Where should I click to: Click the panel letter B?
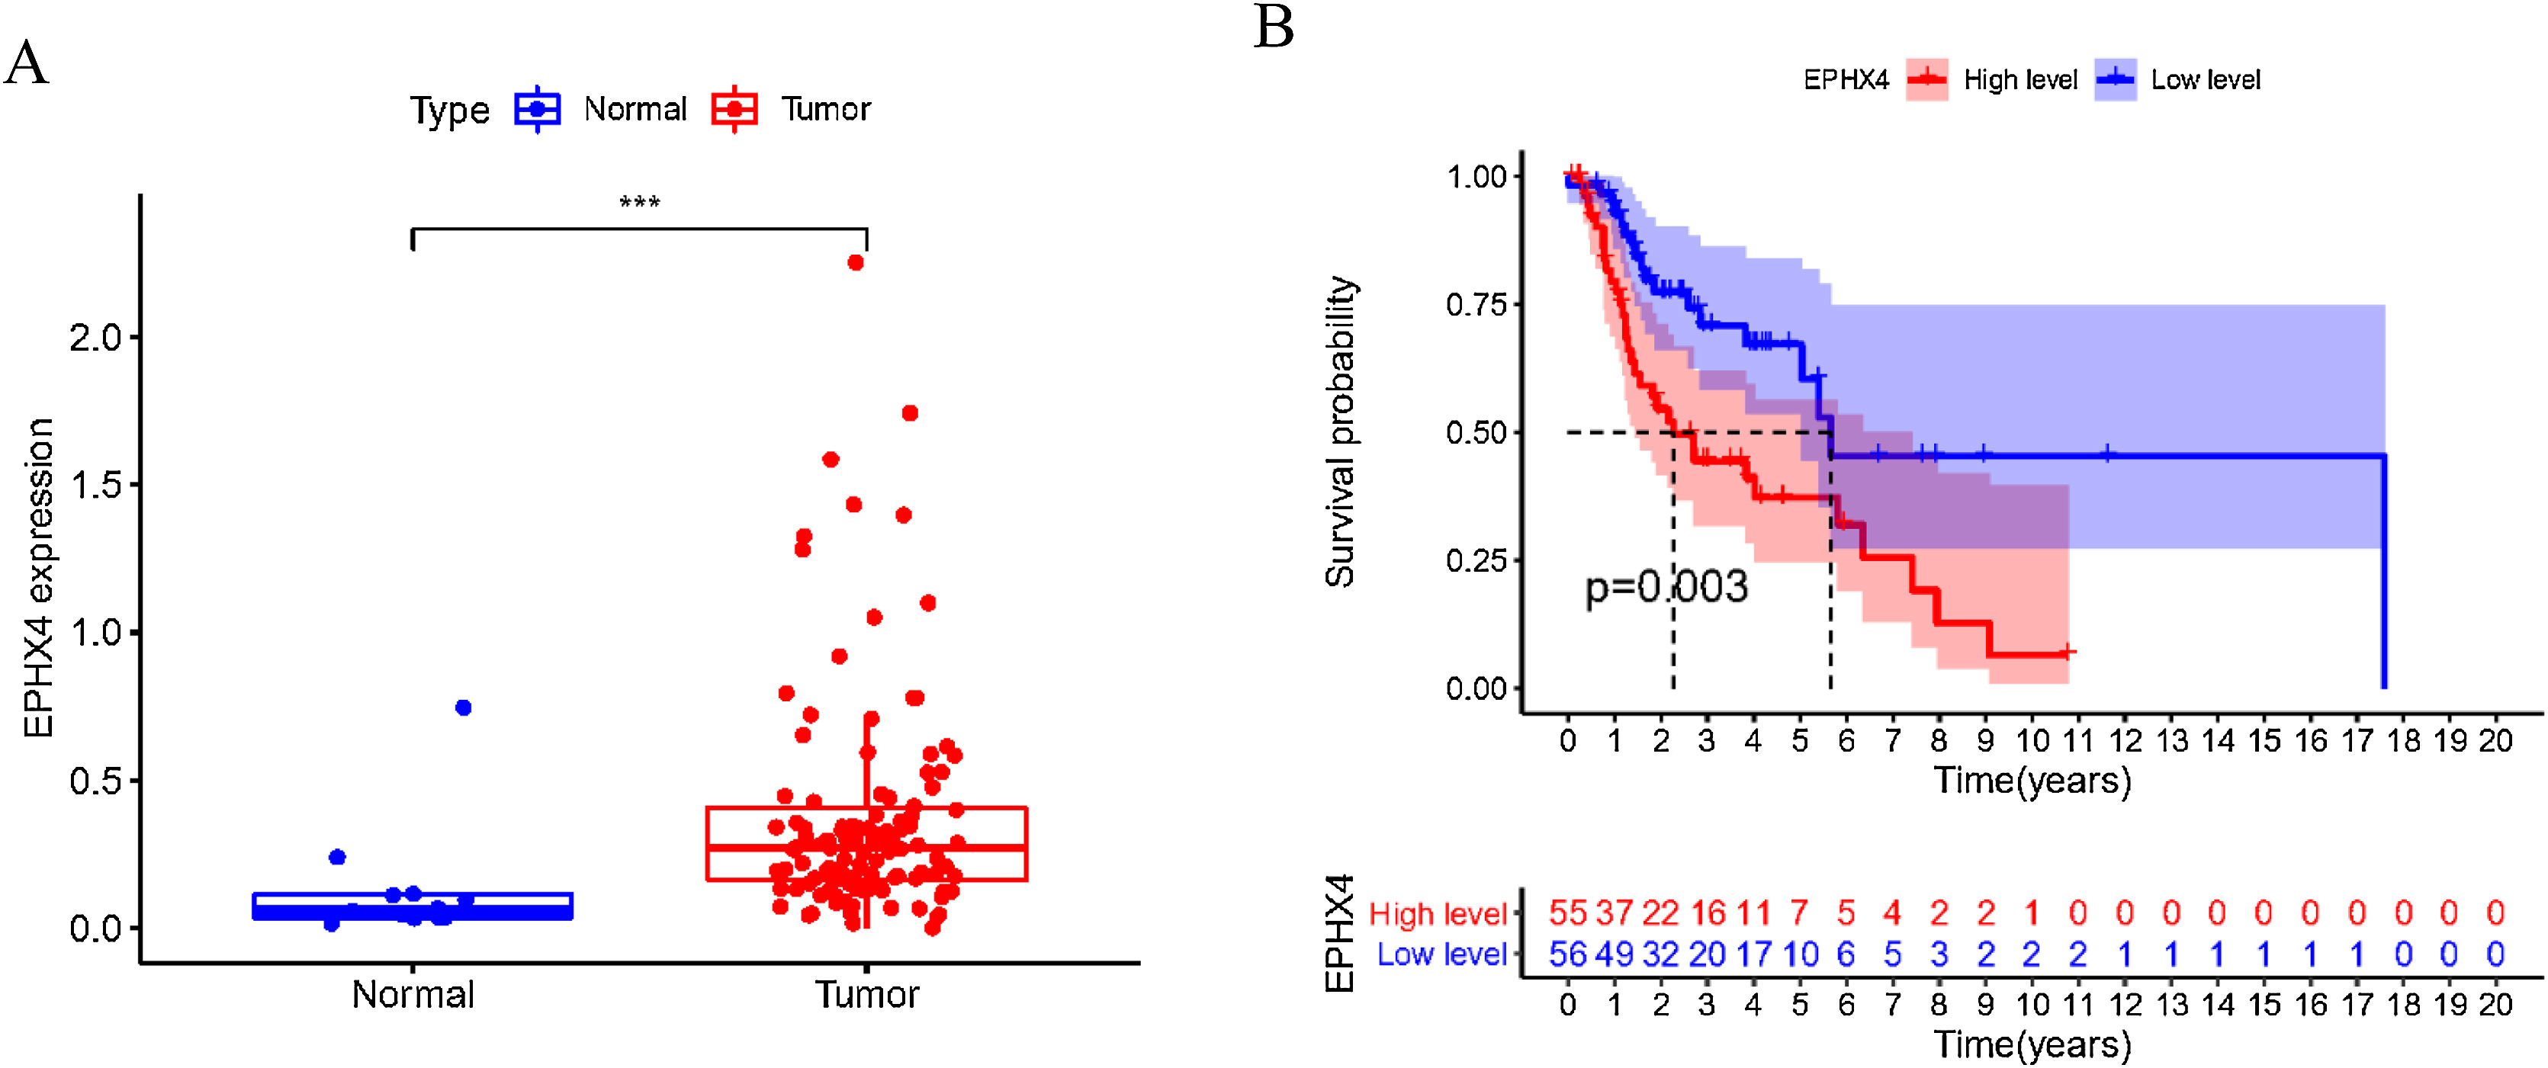pyautogui.click(x=1274, y=27)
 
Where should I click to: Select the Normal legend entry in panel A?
pyautogui.click(x=634, y=109)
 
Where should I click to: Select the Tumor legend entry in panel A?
pyautogui.click(x=825, y=109)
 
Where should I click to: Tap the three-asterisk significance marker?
pyautogui.click(x=639, y=203)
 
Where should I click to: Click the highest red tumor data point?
pyautogui.click(x=856, y=263)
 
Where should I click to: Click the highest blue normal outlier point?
pyautogui.click(x=463, y=708)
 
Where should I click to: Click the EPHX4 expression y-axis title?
pyautogui.click(x=40, y=578)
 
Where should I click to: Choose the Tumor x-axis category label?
pyautogui.click(x=866, y=995)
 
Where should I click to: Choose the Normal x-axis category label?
pyautogui.click(x=413, y=995)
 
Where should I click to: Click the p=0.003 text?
pyautogui.click(x=1666, y=588)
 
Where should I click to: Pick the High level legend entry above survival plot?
pyautogui.click(x=2019, y=80)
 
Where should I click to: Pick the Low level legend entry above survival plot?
pyautogui.click(x=2205, y=80)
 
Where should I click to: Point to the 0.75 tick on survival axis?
pyautogui.click(x=1476, y=305)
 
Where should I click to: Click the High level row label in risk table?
pyautogui.click(x=1438, y=914)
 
